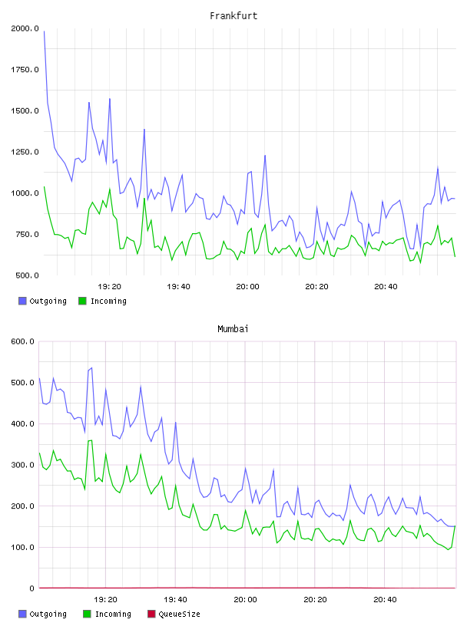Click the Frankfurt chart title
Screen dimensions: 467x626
[233, 16]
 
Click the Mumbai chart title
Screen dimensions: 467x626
[233, 329]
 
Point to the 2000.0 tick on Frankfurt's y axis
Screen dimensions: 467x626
[25, 28]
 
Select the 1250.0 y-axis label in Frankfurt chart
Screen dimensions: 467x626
[25, 152]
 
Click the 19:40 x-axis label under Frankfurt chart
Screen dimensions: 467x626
[178, 287]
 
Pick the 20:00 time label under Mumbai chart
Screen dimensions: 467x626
[245, 600]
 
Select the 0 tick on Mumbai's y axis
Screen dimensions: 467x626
[31, 588]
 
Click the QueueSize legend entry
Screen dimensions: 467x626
[179, 614]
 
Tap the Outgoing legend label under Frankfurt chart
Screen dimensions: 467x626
[48, 301]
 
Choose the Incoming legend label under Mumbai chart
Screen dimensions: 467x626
[113, 614]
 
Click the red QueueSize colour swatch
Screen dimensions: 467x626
[151, 614]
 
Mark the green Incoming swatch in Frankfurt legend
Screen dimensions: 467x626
[82, 301]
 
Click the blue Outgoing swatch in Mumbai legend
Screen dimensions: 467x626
[22, 614]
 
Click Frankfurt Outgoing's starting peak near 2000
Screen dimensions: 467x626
[44, 31]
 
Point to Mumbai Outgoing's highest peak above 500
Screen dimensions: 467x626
[91, 367]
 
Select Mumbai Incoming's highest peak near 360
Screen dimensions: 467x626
[91, 440]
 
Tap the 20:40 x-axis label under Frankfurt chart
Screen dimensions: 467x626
[386, 287]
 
